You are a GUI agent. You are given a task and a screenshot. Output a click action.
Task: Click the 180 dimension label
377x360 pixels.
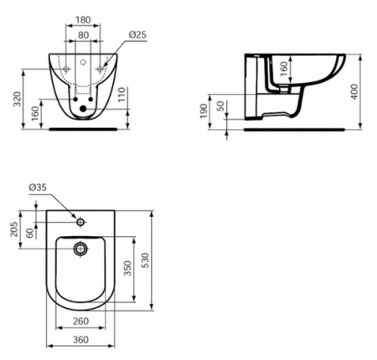point(83,20)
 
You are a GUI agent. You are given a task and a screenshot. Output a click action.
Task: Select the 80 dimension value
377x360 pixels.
point(84,35)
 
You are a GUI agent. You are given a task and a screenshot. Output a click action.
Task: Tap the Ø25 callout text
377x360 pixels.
point(137,35)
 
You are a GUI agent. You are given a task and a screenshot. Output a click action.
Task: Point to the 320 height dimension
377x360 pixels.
point(18,99)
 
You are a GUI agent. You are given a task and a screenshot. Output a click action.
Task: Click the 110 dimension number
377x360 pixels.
point(121,95)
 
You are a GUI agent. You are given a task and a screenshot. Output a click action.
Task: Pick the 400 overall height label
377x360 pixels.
point(354,91)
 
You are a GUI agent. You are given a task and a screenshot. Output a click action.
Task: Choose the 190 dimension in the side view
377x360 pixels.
point(204,111)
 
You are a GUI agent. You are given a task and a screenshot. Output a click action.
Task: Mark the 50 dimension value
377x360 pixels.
point(220,106)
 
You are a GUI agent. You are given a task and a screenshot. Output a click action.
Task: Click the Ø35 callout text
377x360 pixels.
point(38,188)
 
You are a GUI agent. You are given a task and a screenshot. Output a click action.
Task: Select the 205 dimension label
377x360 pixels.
point(14,229)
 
